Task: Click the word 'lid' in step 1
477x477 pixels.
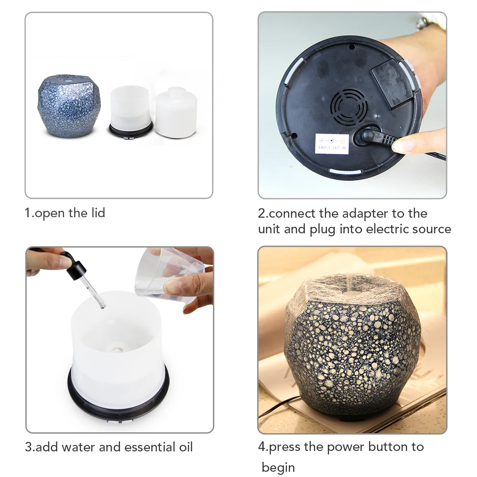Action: click(97, 213)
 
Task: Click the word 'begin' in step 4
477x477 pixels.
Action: click(278, 467)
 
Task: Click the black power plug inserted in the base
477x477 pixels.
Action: click(369, 139)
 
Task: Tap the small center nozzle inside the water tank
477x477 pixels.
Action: click(116, 348)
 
